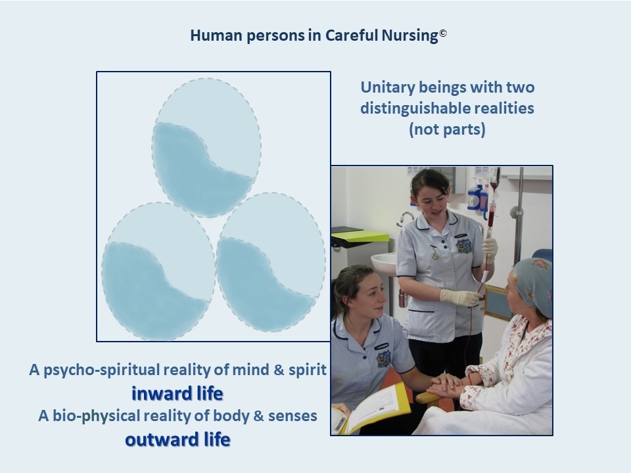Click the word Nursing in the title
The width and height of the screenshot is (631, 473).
coord(409,35)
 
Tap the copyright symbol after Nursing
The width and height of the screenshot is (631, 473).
coord(442,33)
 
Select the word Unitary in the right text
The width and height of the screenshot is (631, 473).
coord(387,87)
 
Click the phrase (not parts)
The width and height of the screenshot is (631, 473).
coord(447,129)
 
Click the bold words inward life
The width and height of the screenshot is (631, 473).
coord(177,394)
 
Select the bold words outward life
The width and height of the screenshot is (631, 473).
coord(177,439)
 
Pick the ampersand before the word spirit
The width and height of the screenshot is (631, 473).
coord(279,370)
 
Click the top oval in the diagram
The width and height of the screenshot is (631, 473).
coord(206,148)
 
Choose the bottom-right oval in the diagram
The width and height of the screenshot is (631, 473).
coord(271,262)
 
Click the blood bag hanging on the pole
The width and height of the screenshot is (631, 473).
coord(492,205)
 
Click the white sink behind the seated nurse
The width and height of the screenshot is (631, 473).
coord(383,264)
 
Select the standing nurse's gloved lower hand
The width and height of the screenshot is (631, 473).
coord(459,297)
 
